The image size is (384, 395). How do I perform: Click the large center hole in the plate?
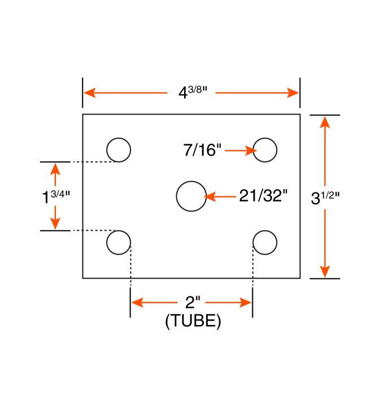(191, 196)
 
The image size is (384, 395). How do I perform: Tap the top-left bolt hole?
(119, 150)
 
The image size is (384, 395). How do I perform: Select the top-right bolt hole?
(265, 150)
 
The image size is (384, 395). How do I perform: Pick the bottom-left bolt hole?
(119, 243)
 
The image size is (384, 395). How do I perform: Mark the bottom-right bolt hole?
(265, 243)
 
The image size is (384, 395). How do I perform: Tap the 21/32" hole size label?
(263, 196)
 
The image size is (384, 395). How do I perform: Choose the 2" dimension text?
(191, 302)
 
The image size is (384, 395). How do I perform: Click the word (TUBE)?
(193, 321)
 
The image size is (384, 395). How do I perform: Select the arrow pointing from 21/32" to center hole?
(220, 197)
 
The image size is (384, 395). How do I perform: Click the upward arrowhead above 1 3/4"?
(55, 168)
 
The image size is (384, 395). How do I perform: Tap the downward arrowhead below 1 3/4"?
(55, 224)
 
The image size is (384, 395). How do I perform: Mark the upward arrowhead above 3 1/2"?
(325, 121)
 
